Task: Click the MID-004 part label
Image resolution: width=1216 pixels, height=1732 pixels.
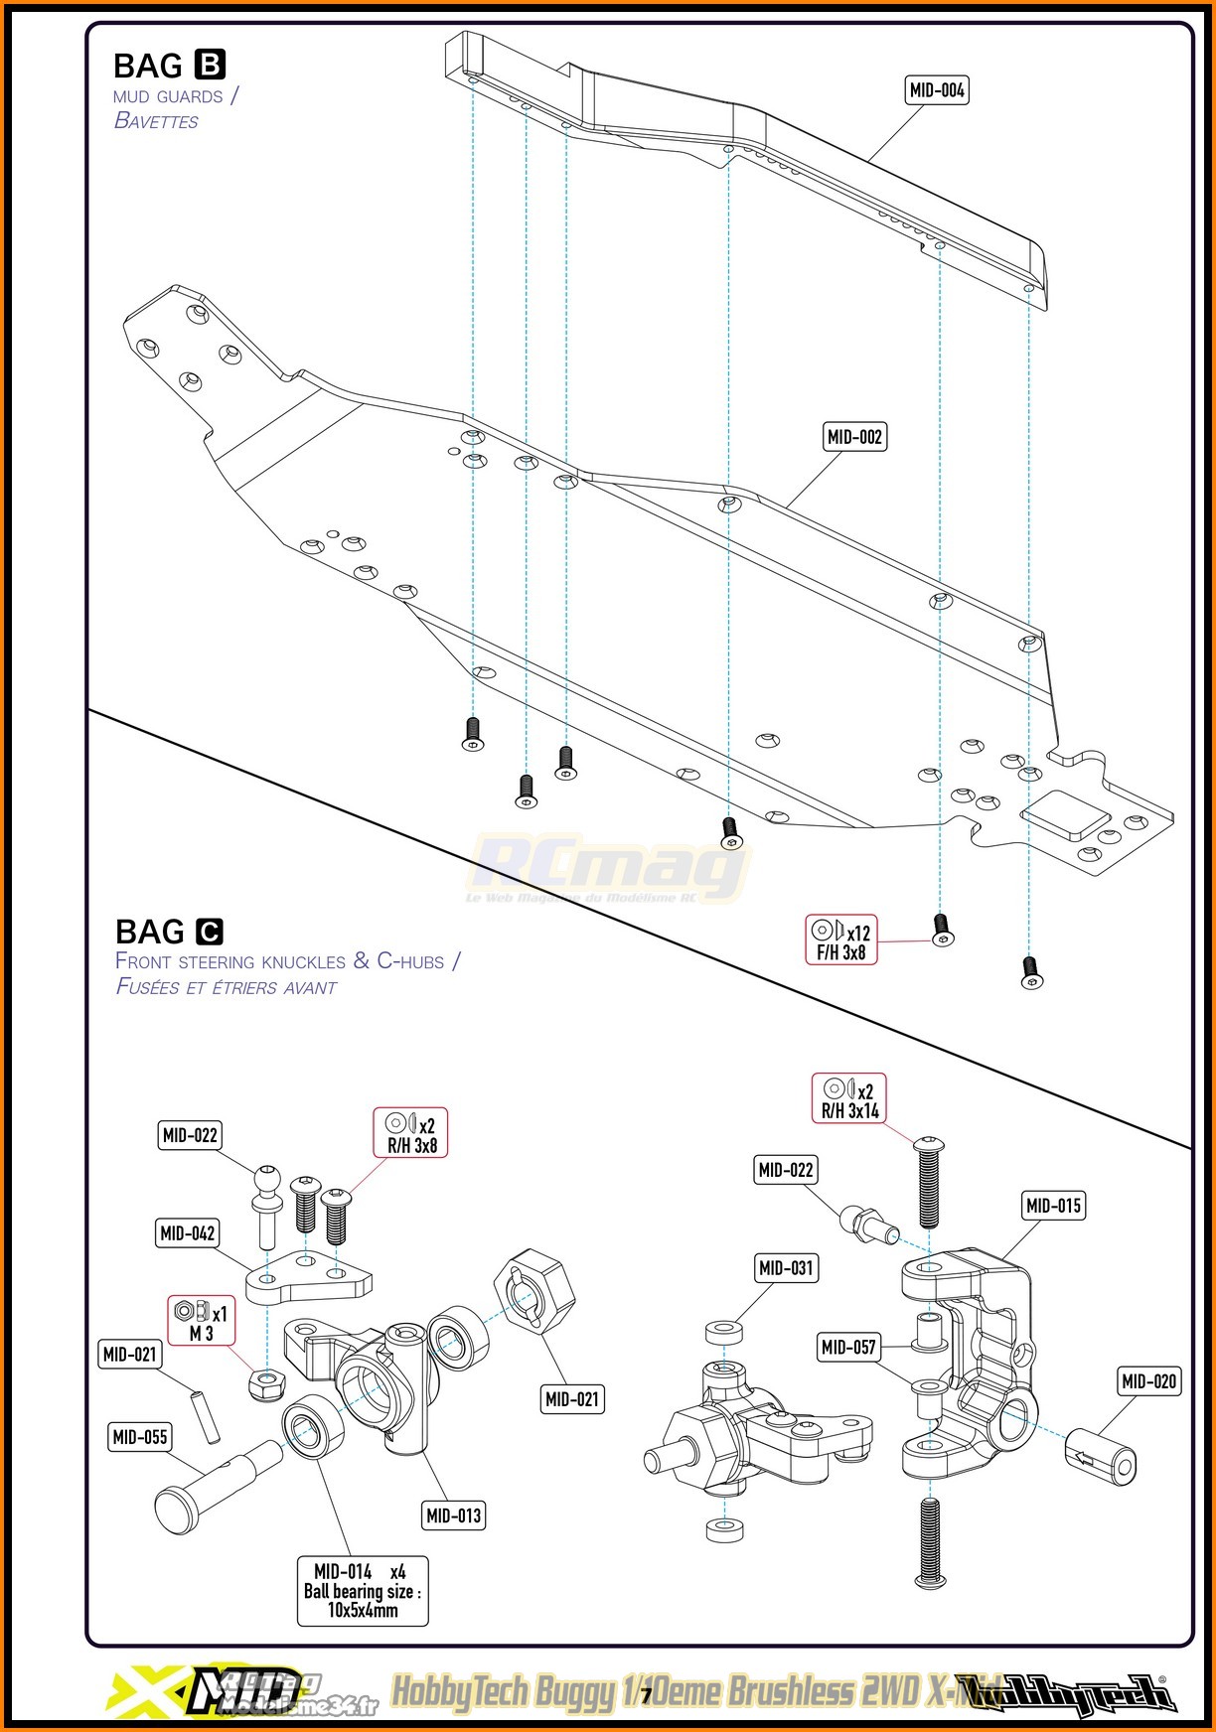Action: [x=937, y=90]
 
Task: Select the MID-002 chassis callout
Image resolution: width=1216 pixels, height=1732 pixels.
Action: [x=854, y=437]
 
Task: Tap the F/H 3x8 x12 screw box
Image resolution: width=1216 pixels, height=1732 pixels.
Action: [x=841, y=940]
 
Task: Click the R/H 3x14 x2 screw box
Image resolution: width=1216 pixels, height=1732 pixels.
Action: [x=849, y=1099]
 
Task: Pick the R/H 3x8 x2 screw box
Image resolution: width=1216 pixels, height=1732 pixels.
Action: [x=410, y=1133]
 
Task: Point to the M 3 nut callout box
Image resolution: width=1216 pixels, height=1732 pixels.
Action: [x=201, y=1321]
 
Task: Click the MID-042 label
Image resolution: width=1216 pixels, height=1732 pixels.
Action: [x=188, y=1233]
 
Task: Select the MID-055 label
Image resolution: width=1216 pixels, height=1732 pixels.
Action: [x=139, y=1436]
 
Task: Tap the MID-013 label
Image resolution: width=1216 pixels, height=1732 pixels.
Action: [x=453, y=1515]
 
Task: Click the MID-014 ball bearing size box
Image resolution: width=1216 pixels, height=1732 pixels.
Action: [x=363, y=1590]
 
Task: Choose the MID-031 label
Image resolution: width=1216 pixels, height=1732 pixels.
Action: [x=785, y=1268]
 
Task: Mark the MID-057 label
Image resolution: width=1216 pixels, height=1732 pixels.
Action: [x=848, y=1347]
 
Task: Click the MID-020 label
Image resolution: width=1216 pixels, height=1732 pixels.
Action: [x=1148, y=1381]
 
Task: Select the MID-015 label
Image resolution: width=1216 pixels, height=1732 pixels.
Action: [x=1052, y=1206]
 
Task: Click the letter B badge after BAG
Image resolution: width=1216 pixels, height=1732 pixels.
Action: [x=209, y=65]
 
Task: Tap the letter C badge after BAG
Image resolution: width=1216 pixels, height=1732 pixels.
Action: [x=210, y=932]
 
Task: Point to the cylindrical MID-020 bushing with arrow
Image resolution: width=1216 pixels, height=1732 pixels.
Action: [x=1101, y=1457]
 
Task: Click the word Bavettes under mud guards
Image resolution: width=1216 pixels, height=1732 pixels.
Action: [x=156, y=121]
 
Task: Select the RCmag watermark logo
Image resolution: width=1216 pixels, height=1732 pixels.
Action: [x=606, y=869]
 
